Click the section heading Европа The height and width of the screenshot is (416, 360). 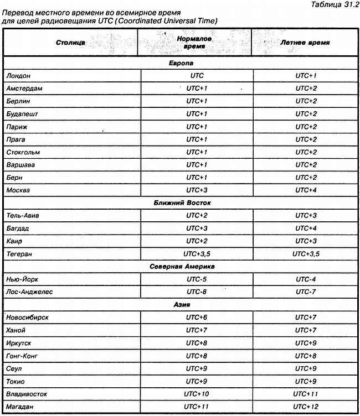[180, 63]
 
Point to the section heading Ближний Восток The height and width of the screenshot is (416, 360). [180, 203]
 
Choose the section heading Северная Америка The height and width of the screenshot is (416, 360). [180, 266]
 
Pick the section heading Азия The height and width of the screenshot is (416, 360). [180, 304]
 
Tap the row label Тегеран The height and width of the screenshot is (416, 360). [20, 253]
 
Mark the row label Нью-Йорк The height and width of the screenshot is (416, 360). [22, 279]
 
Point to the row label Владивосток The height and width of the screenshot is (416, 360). [27, 394]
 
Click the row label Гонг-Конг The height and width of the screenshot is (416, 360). [23, 356]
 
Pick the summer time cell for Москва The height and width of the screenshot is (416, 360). [306, 190]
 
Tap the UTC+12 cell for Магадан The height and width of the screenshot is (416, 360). [306, 407]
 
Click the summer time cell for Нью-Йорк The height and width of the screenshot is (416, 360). [306, 279]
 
